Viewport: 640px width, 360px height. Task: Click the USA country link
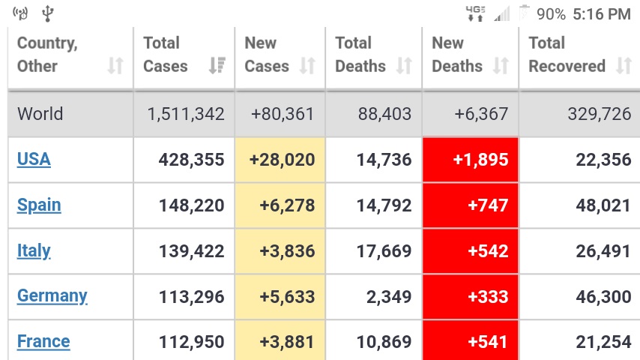(34, 159)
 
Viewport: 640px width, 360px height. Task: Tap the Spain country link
(39, 205)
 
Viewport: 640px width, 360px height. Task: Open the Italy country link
(34, 250)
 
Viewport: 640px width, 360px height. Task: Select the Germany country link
(52, 295)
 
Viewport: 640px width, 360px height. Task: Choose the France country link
(43, 341)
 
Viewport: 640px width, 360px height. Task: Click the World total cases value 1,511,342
(186, 113)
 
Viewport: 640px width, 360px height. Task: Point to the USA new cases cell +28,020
(282, 159)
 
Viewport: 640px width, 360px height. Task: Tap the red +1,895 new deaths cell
(470, 159)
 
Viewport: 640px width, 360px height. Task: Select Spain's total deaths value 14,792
(384, 205)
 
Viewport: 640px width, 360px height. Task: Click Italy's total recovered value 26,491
(603, 251)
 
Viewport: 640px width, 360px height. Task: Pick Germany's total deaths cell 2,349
(389, 297)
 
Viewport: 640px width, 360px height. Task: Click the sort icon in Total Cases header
(217, 65)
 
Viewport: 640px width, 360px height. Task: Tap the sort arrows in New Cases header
(307, 65)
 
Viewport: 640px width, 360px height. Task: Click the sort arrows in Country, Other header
(115, 65)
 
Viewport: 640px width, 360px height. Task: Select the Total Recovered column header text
(567, 54)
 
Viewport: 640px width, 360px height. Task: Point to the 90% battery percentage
(551, 14)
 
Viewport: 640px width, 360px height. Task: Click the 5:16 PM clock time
(602, 14)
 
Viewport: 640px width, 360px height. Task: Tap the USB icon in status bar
(48, 13)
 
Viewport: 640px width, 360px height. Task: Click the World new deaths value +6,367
(481, 113)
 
